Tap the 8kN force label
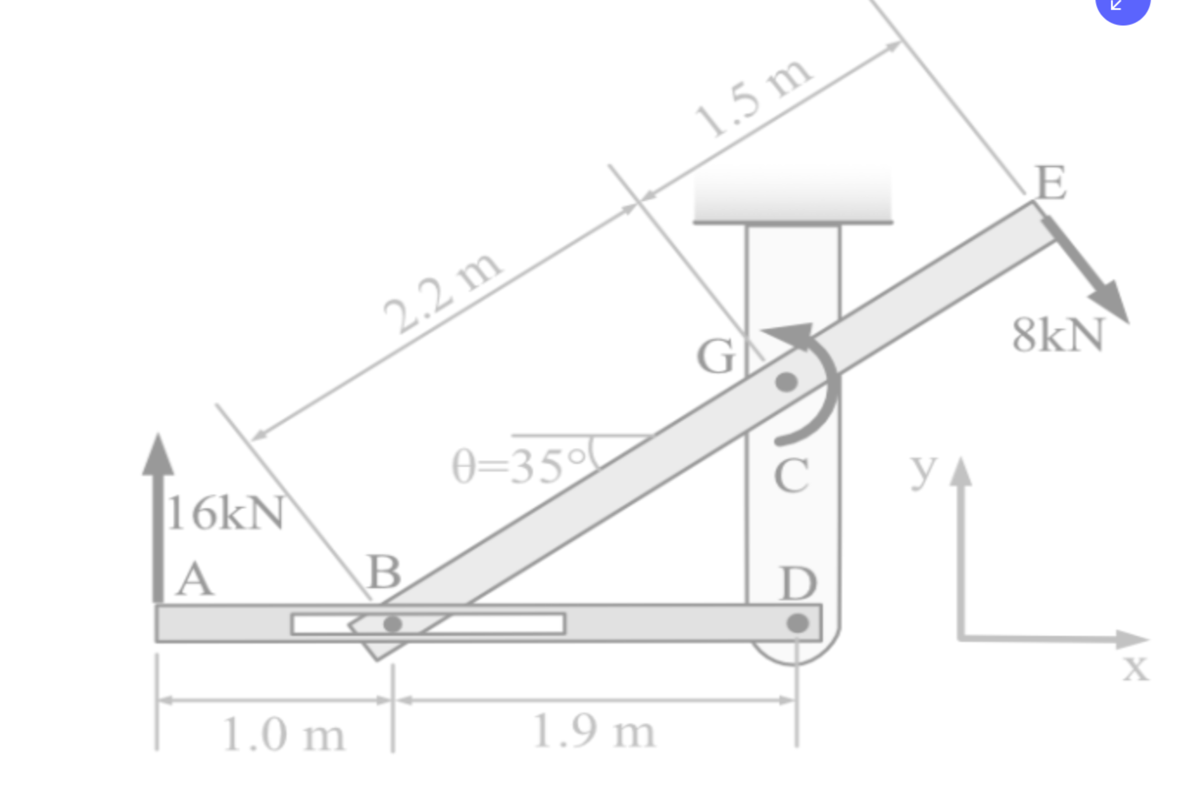point(1058,334)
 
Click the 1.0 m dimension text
point(284,735)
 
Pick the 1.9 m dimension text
point(594,731)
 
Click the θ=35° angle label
point(519,466)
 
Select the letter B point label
point(385,572)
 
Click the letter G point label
point(715,356)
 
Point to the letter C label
point(791,475)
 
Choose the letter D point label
point(798,584)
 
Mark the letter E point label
point(1051,183)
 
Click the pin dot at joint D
point(798,623)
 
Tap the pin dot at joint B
point(392,624)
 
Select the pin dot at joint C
point(786,382)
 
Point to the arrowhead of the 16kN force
point(158,455)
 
